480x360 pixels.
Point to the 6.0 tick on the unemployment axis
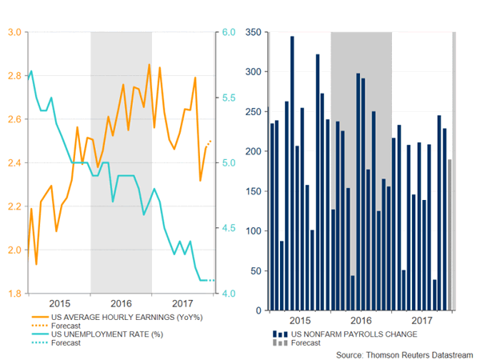[227, 33]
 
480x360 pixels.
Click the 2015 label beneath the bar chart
[298, 320]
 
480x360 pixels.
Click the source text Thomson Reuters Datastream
[403, 353]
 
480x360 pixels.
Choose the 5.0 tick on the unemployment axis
[227, 163]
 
